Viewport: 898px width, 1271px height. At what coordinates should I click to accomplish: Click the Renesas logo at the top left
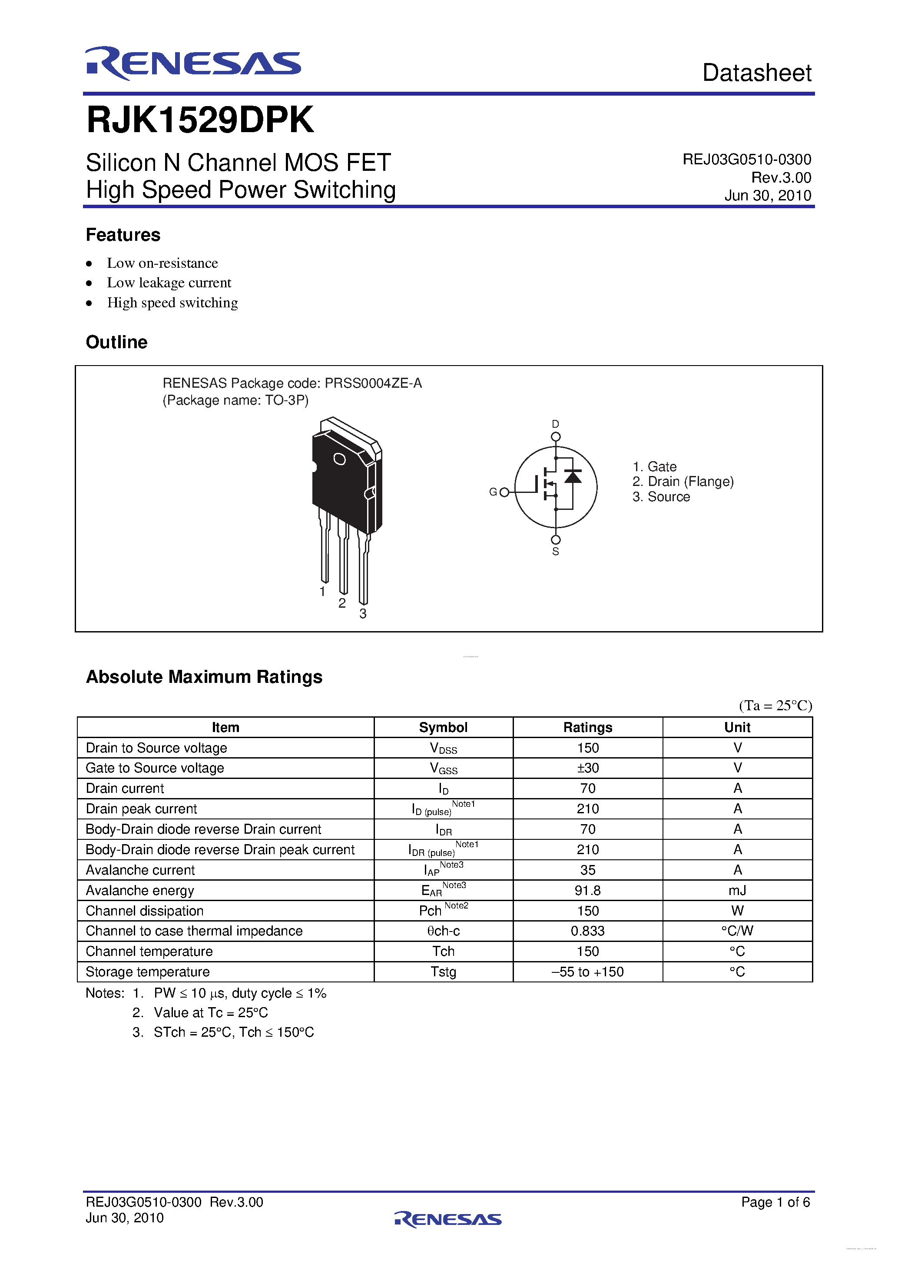coord(192,63)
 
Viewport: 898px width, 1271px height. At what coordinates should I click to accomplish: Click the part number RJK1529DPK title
coord(200,120)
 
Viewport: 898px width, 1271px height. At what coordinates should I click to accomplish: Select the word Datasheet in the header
coord(756,73)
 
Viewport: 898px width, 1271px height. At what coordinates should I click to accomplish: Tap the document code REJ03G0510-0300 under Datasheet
coord(746,160)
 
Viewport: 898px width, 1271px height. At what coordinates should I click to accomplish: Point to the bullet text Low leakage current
coord(169,283)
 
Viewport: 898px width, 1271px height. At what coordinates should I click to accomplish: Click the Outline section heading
coord(117,342)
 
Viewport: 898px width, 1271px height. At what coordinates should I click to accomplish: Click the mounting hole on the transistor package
coord(339,459)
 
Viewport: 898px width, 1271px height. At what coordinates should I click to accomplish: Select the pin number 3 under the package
coord(362,613)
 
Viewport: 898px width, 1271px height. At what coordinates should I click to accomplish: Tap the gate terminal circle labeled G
coord(504,492)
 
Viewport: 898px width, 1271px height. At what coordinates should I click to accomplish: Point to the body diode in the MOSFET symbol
coord(573,476)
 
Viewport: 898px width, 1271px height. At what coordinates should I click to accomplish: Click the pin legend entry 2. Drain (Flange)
coord(683,482)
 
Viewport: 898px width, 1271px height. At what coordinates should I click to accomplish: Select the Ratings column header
coord(588,727)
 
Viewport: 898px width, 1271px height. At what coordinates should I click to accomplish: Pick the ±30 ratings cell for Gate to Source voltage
coord(588,768)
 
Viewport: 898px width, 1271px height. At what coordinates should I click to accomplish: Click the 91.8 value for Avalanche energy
coord(588,890)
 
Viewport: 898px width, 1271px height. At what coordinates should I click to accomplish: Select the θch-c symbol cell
coord(443,931)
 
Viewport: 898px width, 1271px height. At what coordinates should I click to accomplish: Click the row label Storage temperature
coord(148,972)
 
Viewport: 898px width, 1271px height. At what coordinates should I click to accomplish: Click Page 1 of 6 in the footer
coord(775,1202)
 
